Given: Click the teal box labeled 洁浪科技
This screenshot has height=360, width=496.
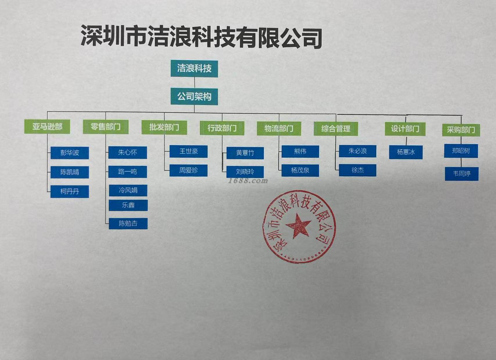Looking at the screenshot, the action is pos(194,69).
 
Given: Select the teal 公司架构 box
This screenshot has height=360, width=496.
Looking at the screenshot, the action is pos(194,96).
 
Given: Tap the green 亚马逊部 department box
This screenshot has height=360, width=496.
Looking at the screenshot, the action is pos(47,127).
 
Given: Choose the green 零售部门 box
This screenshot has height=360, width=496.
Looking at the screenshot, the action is pos(105,127).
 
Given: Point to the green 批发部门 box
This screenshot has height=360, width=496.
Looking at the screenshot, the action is pos(164,127).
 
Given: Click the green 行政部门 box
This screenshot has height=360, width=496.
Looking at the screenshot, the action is pos(222,128).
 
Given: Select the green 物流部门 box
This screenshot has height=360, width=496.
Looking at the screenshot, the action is pos(279,128).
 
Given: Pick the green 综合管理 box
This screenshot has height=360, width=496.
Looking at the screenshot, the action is pos(336,129).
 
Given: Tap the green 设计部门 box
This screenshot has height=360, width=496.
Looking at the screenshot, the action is pos(405,129).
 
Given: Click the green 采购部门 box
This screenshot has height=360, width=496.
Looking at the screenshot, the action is pos(461,130).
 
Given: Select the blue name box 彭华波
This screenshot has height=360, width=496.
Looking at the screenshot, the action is pos(70,153).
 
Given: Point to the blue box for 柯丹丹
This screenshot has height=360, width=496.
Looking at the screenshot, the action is pos(70,191).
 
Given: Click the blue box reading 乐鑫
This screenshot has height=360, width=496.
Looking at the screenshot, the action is pos(128,205).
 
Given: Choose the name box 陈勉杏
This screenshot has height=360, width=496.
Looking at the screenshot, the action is pos(128,223).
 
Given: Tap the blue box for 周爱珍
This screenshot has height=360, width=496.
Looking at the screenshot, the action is pos(188,170).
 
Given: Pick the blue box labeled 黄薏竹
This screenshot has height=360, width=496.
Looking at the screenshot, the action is pos(245,153).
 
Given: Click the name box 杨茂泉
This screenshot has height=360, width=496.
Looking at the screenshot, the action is pos(300,170).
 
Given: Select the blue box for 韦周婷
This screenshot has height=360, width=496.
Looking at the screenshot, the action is pos(461,174).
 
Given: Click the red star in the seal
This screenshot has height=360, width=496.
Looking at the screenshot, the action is pos(298,225).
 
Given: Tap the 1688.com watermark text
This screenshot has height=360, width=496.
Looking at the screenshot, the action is pos(248,181).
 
